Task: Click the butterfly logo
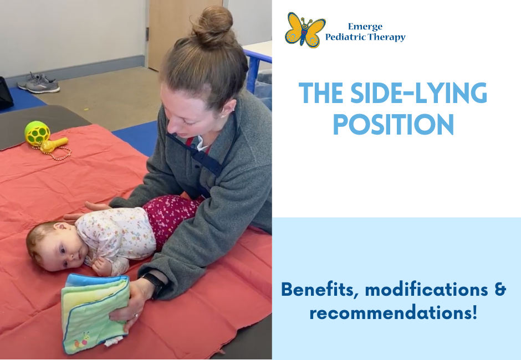[x=305, y=30]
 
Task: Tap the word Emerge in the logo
[x=365, y=27]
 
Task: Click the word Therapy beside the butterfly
[x=386, y=37]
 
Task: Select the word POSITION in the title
[x=394, y=124]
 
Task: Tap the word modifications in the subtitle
[x=427, y=289]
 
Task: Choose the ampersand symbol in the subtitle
[x=500, y=289]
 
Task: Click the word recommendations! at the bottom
[x=394, y=313]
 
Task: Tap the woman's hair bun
[x=213, y=26]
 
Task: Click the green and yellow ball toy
[x=37, y=133]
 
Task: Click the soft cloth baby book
[x=95, y=313]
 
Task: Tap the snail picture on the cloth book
[x=81, y=341]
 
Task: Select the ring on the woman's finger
[x=136, y=315]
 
